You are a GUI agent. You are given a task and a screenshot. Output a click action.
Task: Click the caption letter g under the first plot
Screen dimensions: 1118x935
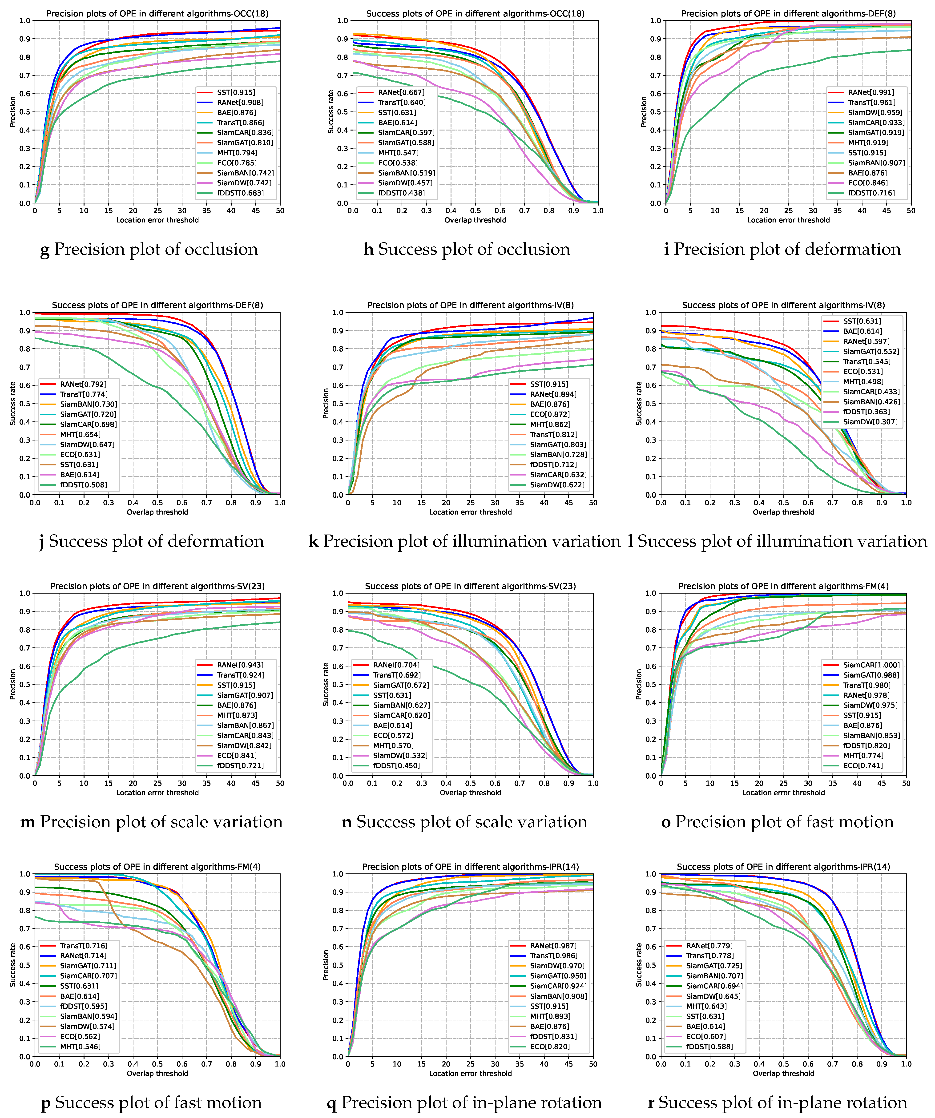tap(45, 250)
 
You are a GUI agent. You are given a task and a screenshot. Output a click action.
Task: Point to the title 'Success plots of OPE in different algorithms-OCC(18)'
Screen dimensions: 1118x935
tap(475, 13)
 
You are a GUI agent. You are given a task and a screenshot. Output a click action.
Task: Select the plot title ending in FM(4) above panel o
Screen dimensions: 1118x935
tap(783, 586)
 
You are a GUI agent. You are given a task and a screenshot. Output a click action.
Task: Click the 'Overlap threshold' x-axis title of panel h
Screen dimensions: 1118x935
tap(475, 220)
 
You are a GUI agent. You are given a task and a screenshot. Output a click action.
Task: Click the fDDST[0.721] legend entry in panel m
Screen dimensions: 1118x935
tap(240, 765)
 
